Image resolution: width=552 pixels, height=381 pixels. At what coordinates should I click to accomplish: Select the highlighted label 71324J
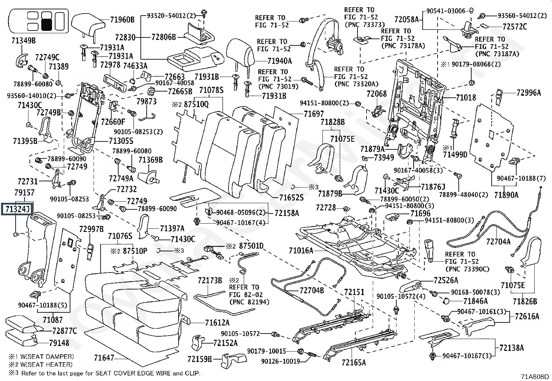pos(17,209)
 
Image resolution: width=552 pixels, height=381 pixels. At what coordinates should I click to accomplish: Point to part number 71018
pos(466,98)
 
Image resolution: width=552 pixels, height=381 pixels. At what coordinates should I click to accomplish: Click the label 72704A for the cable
pos(498,242)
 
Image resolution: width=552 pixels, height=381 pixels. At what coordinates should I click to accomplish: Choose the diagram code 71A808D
pos(534,376)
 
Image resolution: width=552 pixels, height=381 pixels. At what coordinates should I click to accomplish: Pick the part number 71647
pos(104,357)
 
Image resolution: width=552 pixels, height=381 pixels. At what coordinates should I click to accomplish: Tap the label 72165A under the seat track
pos(354,363)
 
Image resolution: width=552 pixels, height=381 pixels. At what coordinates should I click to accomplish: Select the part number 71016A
pos(301,251)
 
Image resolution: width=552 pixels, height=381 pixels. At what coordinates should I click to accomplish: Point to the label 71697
pos(314,114)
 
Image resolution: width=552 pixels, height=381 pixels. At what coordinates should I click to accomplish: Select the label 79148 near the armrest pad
pos(59,343)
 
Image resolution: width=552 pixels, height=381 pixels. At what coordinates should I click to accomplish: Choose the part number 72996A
pos(528,93)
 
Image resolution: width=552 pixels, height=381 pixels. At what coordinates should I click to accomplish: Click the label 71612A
pos(217,323)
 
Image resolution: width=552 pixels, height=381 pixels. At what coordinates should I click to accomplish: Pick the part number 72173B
pos(210,280)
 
